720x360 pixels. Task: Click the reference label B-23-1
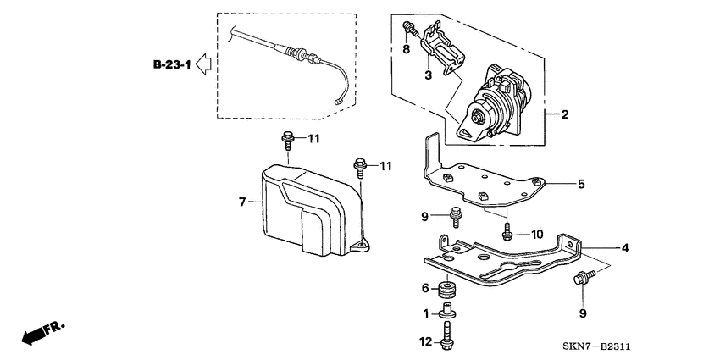(172, 64)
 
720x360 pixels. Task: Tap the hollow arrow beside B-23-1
(203, 64)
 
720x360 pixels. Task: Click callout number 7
(241, 202)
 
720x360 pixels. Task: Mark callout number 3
(429, 75)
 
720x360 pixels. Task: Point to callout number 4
(625, 248)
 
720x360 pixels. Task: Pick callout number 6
(426, 288)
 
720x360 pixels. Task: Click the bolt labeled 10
(507, 230)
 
